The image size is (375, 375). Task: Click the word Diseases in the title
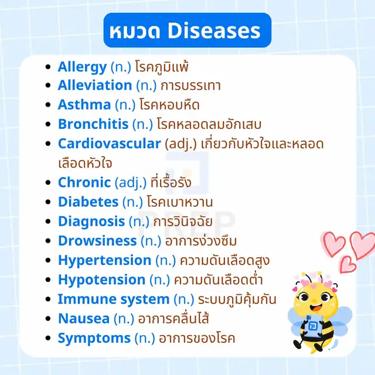point(214,30)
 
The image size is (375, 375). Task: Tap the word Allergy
point(82,67)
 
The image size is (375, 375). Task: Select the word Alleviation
point(95,85)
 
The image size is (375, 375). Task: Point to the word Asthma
point(84,104)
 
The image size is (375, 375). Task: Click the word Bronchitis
point(93,124)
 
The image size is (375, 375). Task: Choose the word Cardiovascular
point(110,144)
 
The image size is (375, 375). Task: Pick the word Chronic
point(84,182)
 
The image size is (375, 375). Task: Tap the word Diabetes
point(88,202)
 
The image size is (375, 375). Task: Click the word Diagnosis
point(91,222)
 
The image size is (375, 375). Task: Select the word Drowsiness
point(98,241)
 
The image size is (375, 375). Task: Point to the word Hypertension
point(105,261)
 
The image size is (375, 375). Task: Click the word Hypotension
point(102,280)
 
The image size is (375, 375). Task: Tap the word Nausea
point(84,319)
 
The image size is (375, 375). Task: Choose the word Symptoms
point(94,339)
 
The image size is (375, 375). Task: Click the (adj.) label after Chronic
point(131,183)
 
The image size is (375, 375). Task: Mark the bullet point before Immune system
point(48,299)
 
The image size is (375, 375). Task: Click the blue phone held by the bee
point(312,326)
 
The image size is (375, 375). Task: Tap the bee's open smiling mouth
point(316,308)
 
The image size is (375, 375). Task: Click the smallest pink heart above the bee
point(348,264)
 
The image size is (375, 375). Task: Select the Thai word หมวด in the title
point(135,31)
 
